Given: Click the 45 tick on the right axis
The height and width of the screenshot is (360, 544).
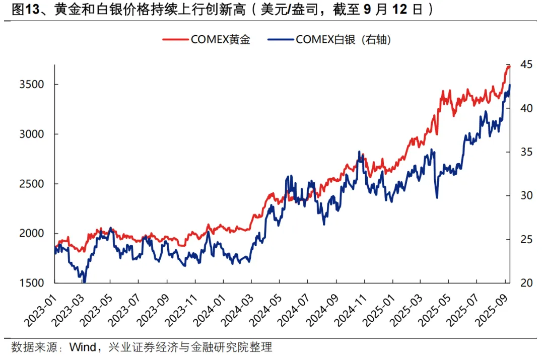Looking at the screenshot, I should click(x=526, y=65).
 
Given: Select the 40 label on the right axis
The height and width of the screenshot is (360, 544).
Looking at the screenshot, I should click(x=526, y=109).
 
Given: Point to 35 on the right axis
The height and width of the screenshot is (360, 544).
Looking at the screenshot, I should click(x=526, y=152).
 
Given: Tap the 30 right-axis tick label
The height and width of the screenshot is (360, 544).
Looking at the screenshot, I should click(x=526, y=196).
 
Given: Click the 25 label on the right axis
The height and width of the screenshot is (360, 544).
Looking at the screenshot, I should click(x=526, y=239).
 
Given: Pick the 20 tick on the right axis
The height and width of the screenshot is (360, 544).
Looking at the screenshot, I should click(x=526, y=283).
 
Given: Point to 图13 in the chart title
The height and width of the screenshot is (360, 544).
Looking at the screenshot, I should click(x=23, y=10).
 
